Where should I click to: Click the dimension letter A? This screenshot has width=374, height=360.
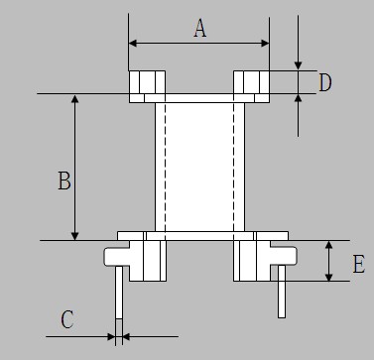point(200,28)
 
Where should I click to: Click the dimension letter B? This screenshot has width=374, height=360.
point(64,180)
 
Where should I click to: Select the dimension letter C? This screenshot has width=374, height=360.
point(67,319)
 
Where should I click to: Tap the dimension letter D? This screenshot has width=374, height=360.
point(325,82)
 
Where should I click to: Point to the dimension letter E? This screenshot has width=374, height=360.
point(359,264)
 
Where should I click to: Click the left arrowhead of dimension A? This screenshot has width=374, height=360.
point(133,44)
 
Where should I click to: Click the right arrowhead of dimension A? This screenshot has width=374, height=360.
point(265,44)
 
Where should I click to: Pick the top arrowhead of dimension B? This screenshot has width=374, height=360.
point(75,98)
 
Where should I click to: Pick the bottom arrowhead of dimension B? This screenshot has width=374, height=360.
point(75,236)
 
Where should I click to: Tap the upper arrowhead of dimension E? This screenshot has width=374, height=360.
point(328,245)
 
